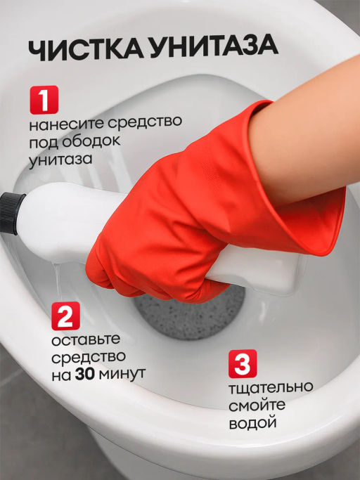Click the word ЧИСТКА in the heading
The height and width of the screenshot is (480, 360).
pos(86,49)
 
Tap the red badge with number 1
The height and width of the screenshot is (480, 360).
pos(44,100)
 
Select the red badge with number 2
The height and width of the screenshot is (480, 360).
pos(65,316)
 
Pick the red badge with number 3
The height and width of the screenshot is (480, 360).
pos(243,363)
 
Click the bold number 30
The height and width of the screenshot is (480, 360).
pos(84,374)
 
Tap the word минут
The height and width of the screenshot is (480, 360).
pos(122,375)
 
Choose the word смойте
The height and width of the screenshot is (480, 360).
pos(257,406)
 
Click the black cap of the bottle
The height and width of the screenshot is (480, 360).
pos(11,212)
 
